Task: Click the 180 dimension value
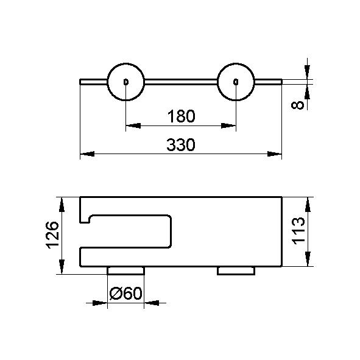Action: point(181,116)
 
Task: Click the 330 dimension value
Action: point(181,144)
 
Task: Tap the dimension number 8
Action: point(297,105)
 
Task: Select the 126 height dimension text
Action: point(52,235)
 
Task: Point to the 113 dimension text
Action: point(298,231)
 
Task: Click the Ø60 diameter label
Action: point(126,293)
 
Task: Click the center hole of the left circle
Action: point(126,82)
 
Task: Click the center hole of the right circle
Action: point(236,82)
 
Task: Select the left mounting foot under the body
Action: point(126,270)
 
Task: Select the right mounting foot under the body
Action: point(236,270)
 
